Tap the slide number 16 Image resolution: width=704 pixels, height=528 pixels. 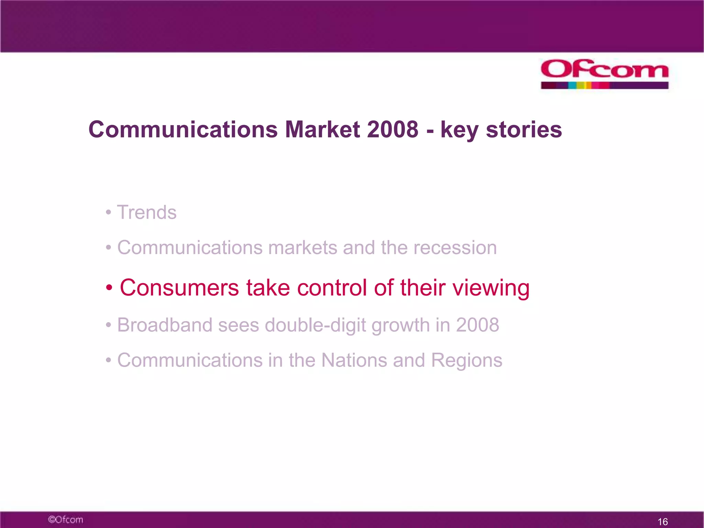coord(662,521)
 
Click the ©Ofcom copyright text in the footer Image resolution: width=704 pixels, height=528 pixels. coord(65,519)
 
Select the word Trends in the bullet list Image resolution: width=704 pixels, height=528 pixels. coord(147,212)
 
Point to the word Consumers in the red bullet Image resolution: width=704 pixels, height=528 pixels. coord(179,288)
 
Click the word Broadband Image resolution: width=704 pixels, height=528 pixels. coord(165,325)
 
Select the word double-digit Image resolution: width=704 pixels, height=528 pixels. coord(315,326)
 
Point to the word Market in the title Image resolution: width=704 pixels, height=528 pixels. coord(322,130)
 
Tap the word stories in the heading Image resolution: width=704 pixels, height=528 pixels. coord(524,130)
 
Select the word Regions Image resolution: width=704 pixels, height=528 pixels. coord(466,361)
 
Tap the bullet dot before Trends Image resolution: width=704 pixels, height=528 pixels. coord(108,212)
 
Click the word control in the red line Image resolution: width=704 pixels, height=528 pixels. coord(332,288)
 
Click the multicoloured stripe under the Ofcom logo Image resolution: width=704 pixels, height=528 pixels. coord(604,85)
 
